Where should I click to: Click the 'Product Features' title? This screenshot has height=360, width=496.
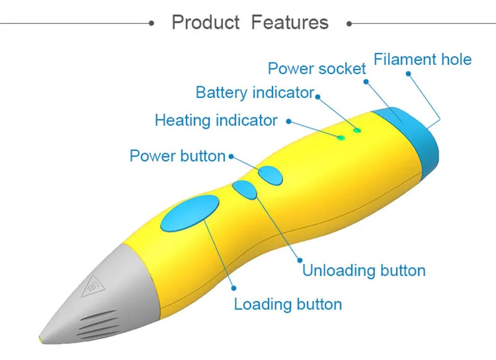click(250, 23)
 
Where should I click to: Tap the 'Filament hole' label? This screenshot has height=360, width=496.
click(423, 60)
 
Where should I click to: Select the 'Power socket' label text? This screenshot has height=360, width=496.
click(316, 68)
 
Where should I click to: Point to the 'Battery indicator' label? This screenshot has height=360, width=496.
click(255, 92)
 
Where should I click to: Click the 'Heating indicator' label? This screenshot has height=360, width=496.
click(216, 121)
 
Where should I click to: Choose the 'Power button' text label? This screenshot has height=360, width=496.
click(178, 156)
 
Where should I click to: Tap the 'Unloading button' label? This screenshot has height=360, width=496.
click(364, 270)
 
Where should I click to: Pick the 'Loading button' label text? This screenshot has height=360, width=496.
click(288, 304)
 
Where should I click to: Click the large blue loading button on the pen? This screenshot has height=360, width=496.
click(190, 213)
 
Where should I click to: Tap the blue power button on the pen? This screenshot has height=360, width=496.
click(270, 175)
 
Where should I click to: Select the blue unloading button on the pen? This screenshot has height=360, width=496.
click(245, 190)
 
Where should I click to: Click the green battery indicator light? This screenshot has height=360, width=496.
click(357, 130)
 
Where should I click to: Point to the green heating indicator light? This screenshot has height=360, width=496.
click(341, 138)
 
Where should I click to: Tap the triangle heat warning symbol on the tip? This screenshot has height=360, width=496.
click(92, 286)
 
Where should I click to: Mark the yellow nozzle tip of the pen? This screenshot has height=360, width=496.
click(40, 339)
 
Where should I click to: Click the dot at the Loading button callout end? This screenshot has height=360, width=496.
click(234, 288)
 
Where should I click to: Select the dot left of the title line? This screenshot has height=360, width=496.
click(151, 23)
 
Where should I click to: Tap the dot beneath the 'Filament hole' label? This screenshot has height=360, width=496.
click(408, 74)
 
